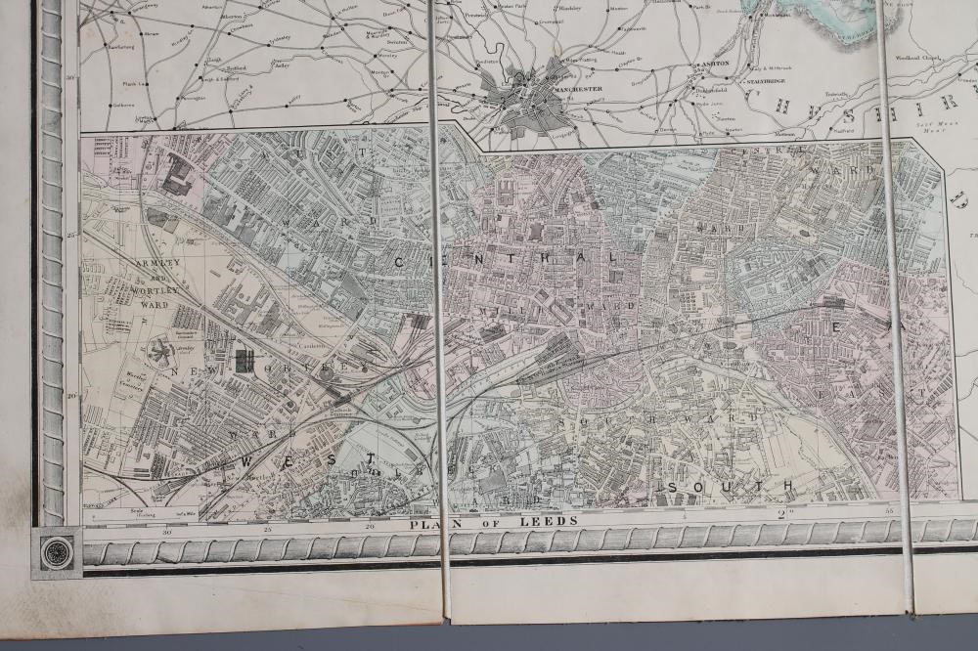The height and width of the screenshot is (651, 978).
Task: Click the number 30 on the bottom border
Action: [x=167, y=532]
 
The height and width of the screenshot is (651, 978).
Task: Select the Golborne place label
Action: [x=124, y=105]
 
